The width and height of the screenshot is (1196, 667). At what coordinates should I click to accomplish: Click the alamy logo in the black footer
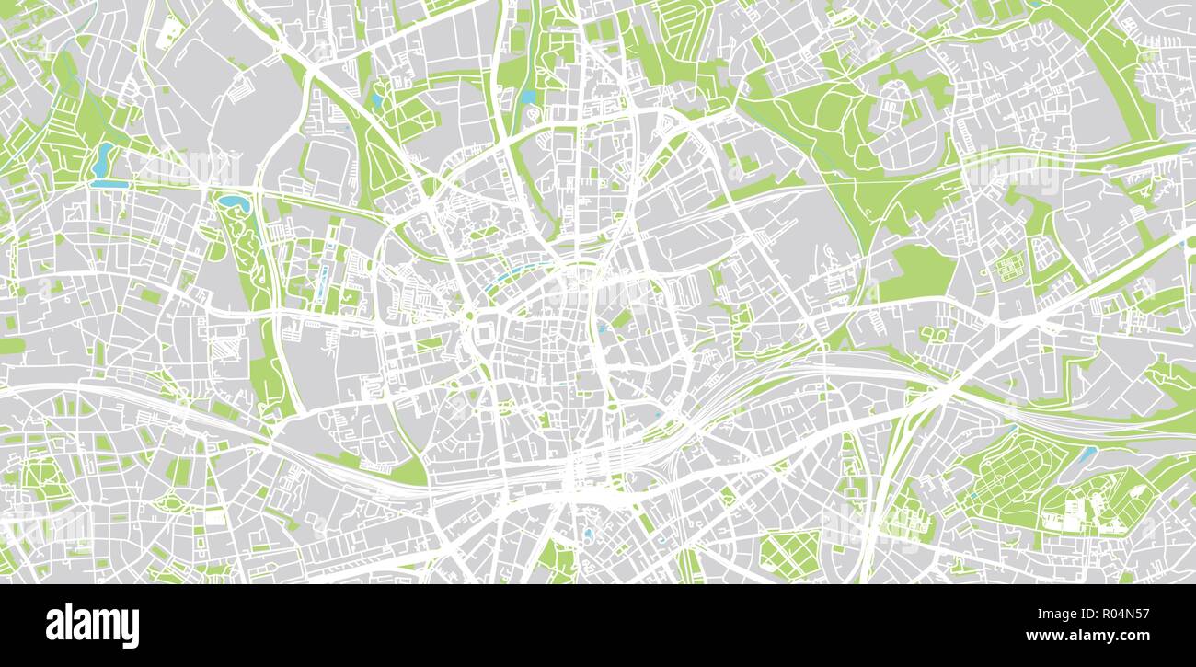click(x=92, y=626)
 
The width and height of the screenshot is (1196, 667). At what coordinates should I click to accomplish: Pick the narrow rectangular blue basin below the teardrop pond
click(x=109, y=184)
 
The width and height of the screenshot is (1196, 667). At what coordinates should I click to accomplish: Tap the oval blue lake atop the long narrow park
click(x=231, y=200)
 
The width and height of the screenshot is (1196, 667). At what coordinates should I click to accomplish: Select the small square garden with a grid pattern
click(x=1009, y=267)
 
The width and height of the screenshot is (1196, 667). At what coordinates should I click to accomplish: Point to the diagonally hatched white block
click(x=225, y=350)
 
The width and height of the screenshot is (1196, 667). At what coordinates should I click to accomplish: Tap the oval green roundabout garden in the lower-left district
click(x=171, y=502)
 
